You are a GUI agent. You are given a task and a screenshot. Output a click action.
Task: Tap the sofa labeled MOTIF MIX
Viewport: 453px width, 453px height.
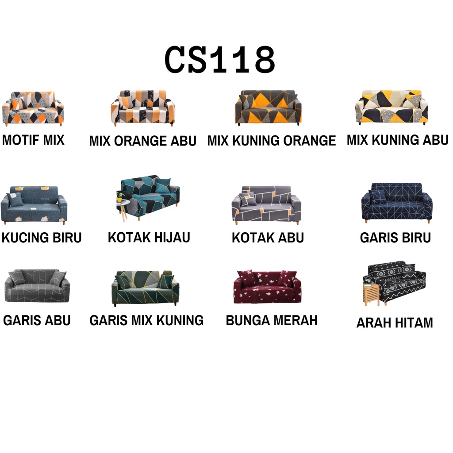pyautogui.click(x=33, y=108)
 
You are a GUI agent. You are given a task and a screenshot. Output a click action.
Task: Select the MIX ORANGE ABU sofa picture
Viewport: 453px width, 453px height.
pyautogui.click(x=142, y=108)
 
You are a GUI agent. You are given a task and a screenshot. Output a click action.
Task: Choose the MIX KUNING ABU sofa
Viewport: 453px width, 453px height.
pyautogui.click(x=392, y=107)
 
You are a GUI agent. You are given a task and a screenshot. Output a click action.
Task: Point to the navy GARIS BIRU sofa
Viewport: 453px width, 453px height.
pyautogui.click(x=396, y=203)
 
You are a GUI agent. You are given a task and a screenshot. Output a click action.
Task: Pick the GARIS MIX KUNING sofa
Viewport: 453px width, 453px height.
pyautogui.click(x=146, y=288)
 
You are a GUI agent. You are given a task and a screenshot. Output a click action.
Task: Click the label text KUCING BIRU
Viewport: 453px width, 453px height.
pyautogui.click(x=42, y=238)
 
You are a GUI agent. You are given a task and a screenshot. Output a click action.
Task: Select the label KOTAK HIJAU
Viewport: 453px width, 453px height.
pyautogui.click(x=149, y=237)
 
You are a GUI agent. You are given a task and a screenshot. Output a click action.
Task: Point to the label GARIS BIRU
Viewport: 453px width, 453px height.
pyautogui.click(x=395, y=238)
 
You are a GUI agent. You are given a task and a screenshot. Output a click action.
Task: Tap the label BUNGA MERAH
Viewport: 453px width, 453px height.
pyautogui.click(x=272, y=320)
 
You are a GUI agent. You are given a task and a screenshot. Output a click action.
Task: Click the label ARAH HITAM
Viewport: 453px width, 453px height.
pyautogui.click(x=395, y=323)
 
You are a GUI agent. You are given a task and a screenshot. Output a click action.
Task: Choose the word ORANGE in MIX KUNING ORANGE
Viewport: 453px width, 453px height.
pyautogui.click(x=309, y=141)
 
